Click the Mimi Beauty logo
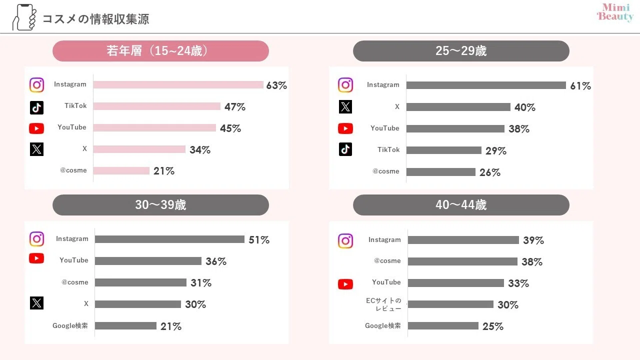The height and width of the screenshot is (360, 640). tap(615, 12)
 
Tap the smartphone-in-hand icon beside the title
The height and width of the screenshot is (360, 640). tap(24, 17)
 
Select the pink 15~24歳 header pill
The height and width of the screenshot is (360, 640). tap(160, 51)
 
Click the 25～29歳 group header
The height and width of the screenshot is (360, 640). tap(461, 51)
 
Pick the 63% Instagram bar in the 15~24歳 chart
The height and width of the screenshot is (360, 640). tap(178, 85)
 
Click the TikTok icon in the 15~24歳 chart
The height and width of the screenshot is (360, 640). tap(36, 107)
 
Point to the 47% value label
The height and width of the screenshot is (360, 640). tap(235, 107)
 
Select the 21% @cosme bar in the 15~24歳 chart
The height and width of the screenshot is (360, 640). tap(121, 171)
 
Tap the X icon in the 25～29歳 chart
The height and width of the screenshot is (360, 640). tap(345, 107)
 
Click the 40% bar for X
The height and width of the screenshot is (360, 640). tap(458, 107)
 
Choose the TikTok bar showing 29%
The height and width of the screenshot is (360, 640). tap(443, 150)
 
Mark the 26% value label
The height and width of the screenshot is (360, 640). tap(490, 172)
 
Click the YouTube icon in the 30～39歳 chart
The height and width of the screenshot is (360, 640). tap(36, 258)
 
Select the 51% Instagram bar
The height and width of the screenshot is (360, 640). tap(169, 239)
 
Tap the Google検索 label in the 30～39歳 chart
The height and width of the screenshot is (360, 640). tap(70, 325)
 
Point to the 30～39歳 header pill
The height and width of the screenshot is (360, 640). tap(160, 205)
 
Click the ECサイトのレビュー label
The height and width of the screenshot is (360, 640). tap(383, 304)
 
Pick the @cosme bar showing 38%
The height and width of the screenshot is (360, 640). tap(462, 261)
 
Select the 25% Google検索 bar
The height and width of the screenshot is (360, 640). tap(443, 325)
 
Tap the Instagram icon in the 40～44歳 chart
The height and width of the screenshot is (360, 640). tap(345, 241)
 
